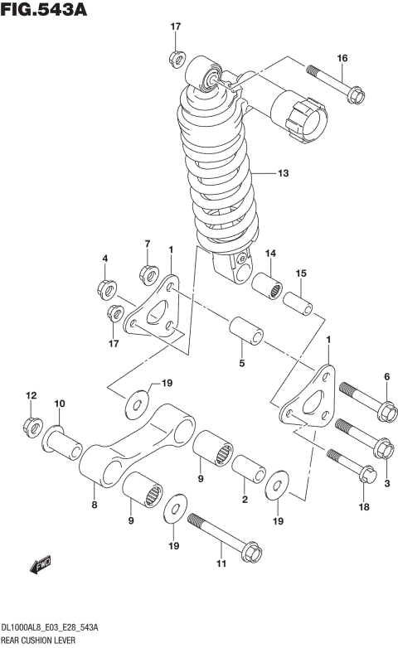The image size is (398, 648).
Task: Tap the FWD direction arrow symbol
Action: click(x=39, y=566)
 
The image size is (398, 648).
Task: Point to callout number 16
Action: click(x=342, y=57)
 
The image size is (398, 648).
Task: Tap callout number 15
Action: click(x=301, y=273)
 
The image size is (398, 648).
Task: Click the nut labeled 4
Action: click(x=106, y=288)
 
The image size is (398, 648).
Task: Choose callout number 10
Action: click(x=60, y=404)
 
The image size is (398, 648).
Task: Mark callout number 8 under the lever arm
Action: click(x=94, y=505)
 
